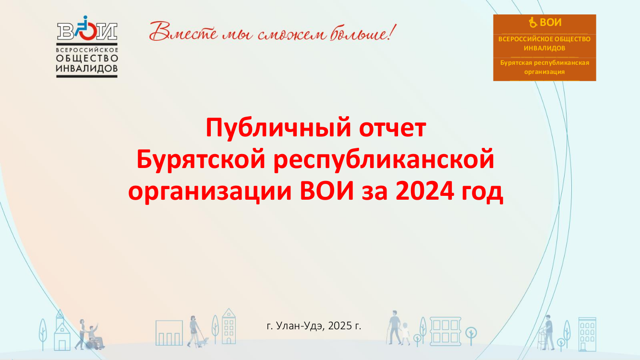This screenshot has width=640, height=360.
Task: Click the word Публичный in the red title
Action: coord(278,128)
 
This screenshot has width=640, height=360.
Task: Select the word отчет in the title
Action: coord(393,128)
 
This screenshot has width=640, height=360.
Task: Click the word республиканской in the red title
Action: coord(384,160)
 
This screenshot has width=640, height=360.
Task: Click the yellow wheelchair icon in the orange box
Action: coord(532,23)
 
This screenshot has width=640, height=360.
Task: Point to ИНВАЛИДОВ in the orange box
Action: coord(544,48)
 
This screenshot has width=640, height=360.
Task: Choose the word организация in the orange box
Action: coord(544,72)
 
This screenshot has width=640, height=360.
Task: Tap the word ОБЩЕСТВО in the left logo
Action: coord(87,58)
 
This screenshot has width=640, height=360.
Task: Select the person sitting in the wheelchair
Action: coord(94,334)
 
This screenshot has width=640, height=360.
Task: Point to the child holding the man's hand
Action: coord(405,334)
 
